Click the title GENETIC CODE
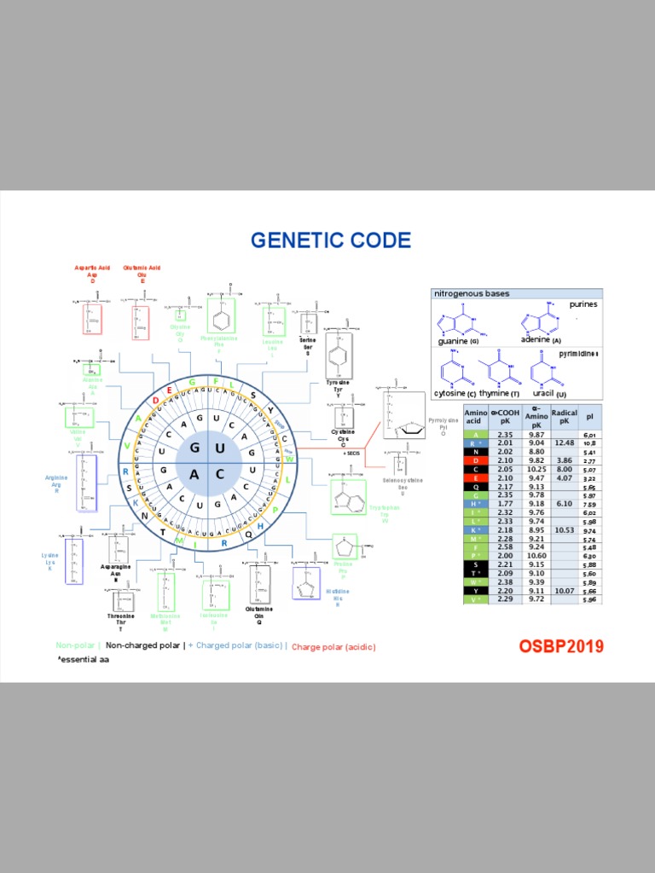click(x=330, y=240)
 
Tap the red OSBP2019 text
click(x=561, y=646)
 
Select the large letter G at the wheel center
click(x=195, y=448)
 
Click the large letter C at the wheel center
click(x=219, y=473)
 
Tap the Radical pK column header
click(x=565, y=417)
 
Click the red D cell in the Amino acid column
click(x=475, y=460)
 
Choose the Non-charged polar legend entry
click(x=142, y=645)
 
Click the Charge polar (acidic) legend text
click(x=333, y=646)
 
